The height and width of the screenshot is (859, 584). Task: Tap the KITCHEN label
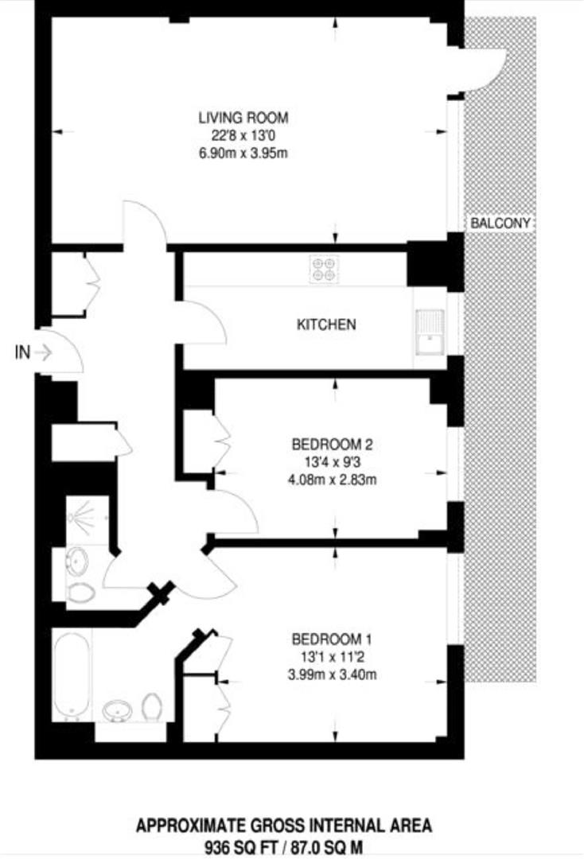(326, 325)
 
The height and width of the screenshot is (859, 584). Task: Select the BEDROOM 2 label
(333, 444)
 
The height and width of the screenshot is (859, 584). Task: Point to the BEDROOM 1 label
(332, 639)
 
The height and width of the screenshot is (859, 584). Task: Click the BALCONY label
(500, 223)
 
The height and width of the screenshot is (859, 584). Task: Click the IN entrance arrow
(42, 352)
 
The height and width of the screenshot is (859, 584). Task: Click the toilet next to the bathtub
(152, 704)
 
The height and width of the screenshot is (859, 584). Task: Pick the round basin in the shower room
(77, 562)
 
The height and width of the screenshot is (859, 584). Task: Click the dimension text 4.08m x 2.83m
(333, 479)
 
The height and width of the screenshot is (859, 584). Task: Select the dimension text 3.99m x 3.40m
(332, 675)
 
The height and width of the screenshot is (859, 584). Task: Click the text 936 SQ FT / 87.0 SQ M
(284, 845)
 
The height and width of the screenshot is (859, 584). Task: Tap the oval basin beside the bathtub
(117, 708)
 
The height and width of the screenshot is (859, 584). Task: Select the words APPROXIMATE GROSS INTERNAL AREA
(284, 826)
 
